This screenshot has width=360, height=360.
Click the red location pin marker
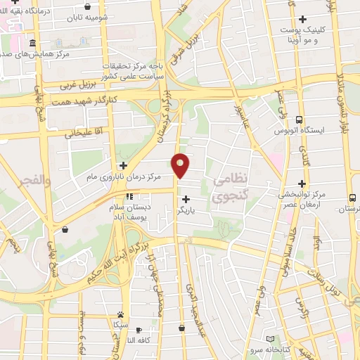tap(181, 165)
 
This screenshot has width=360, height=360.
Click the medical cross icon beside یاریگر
tap(186, 200)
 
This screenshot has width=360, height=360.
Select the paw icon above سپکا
tap(121, 315)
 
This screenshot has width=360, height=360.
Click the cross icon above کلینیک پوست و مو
tap(303, 19)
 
